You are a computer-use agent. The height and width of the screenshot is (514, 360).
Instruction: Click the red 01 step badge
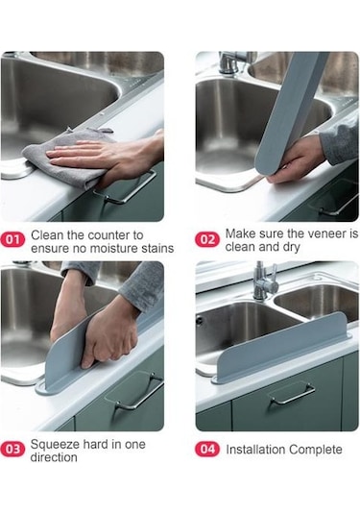tap(12, 239)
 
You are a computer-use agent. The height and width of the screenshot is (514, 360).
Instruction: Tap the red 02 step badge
tap(207, 239)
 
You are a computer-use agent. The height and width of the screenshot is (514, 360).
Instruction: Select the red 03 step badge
tap(12, 449)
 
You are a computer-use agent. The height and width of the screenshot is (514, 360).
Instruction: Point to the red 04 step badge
tap(207, 449)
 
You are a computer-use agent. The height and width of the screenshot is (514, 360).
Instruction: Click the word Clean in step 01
tap(47, 235)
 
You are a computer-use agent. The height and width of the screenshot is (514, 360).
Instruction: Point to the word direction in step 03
tap(54, 457)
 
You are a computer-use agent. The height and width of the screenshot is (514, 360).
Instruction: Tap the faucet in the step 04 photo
tap(264, 281)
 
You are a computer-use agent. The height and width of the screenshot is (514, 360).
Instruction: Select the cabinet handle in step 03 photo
tap(139, 392)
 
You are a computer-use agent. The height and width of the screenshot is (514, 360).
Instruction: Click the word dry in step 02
tap(291, 247)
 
